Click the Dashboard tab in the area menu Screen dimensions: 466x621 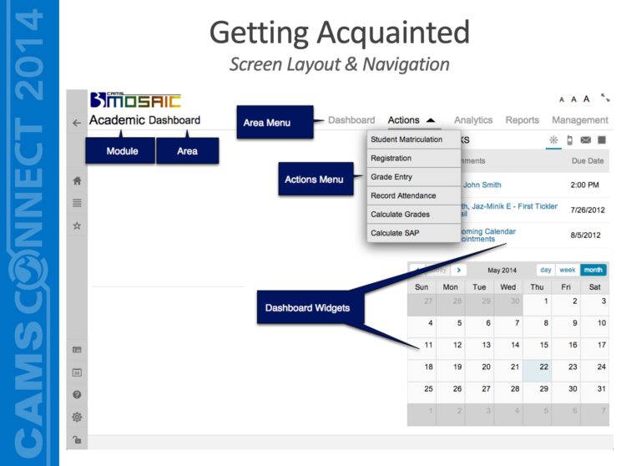coord(351,120)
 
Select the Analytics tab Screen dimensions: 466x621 coord(473,120)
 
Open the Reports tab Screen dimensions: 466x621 coord(523,120)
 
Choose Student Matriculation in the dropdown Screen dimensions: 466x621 coord(406,139)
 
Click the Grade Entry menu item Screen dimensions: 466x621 coord(391,177)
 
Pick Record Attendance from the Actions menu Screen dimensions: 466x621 coord(403,195)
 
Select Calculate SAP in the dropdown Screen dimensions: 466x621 coord(395,233)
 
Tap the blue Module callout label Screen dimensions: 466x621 coord(122,151)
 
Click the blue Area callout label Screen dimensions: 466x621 coord(187,151)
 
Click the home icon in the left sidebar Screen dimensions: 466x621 coord(77,180)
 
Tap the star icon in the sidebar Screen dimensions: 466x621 coord(77,225)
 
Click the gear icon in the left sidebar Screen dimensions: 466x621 coord(77,416)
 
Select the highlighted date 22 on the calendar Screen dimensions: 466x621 coord(543,367)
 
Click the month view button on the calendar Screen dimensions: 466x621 coord(593,270)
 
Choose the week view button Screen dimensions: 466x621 coord(568,270)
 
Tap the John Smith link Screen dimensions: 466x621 coord(482,185)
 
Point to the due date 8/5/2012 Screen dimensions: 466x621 coord(585,236)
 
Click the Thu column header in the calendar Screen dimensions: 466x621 coord(537,286)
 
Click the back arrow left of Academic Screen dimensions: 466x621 coord(77,122)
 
